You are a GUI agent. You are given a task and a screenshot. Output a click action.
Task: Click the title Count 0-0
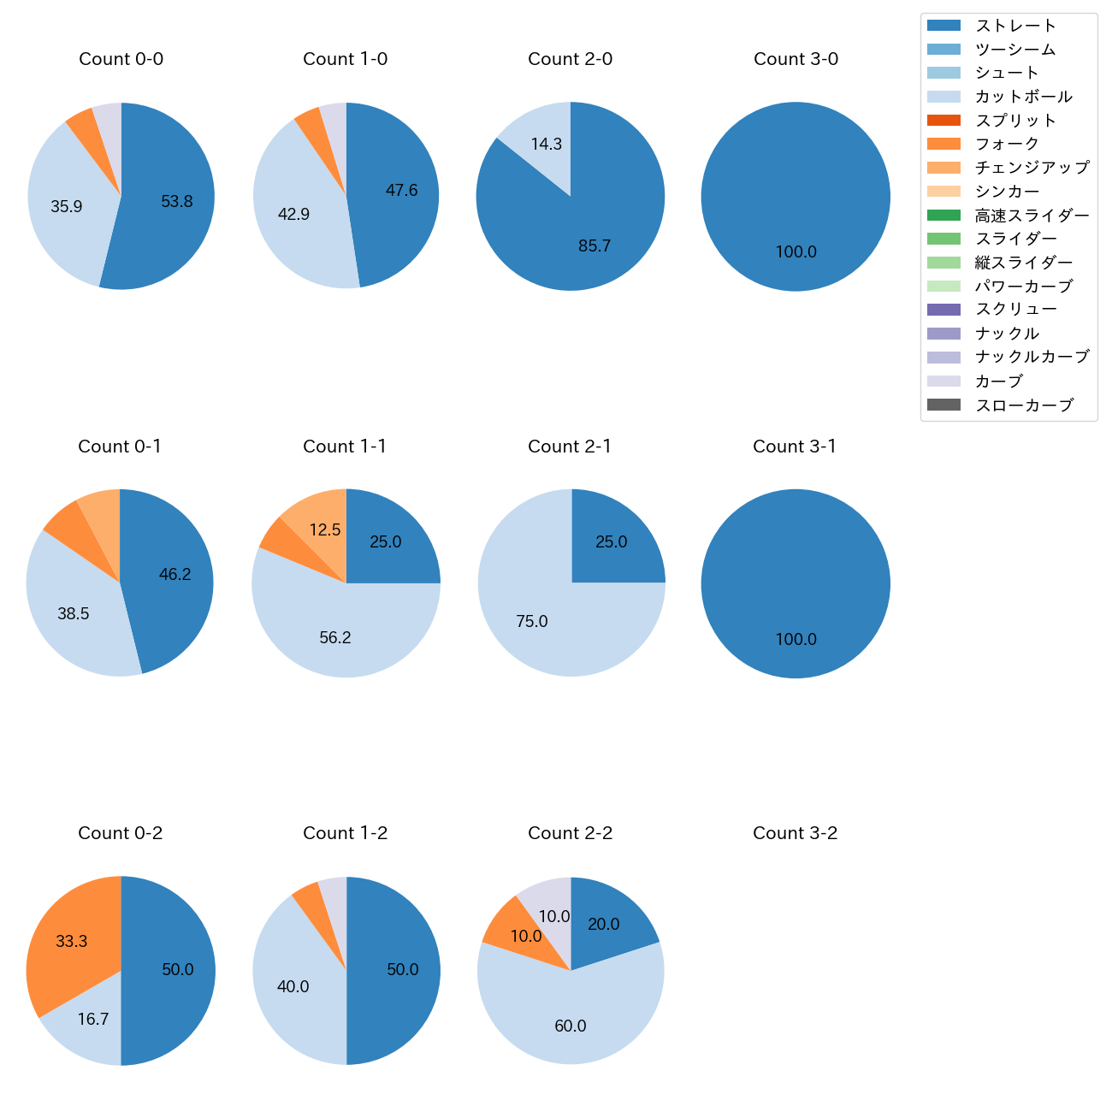coord(121,59)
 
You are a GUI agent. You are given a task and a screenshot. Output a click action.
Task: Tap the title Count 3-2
coord(795,833)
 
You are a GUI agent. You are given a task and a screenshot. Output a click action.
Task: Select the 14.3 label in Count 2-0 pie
coord(547,144)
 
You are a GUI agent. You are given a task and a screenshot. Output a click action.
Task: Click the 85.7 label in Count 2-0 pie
coord(594,246)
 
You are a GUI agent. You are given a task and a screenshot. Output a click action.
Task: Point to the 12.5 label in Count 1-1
coord(325,530)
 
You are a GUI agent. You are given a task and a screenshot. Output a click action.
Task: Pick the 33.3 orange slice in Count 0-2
coord(73,941)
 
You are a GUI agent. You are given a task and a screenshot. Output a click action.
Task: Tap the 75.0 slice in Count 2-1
coord(532,622)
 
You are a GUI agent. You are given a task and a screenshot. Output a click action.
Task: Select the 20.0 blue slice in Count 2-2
coord(604,924)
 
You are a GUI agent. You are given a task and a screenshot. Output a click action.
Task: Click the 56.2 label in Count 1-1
coord(335,638)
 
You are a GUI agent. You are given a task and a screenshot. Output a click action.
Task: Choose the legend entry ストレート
coord(1015,26)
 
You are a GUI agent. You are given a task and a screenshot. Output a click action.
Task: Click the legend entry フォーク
coord(1007,145)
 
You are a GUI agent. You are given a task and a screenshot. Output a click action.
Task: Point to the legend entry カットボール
coord(1023,97)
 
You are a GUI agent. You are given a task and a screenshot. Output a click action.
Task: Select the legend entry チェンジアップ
coord(1032,168)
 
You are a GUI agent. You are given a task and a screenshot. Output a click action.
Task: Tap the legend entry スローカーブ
coord(1023,405)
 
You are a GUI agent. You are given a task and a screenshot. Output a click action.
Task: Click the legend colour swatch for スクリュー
coord(943,310)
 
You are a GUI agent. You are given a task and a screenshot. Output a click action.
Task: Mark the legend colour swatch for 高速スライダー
coord(943,216)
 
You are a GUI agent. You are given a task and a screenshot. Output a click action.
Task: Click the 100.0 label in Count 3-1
coord(796,640)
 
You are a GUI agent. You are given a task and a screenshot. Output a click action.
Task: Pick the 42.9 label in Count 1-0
coord(293,215)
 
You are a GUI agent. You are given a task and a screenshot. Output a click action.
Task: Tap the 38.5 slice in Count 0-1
coord(74,614)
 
